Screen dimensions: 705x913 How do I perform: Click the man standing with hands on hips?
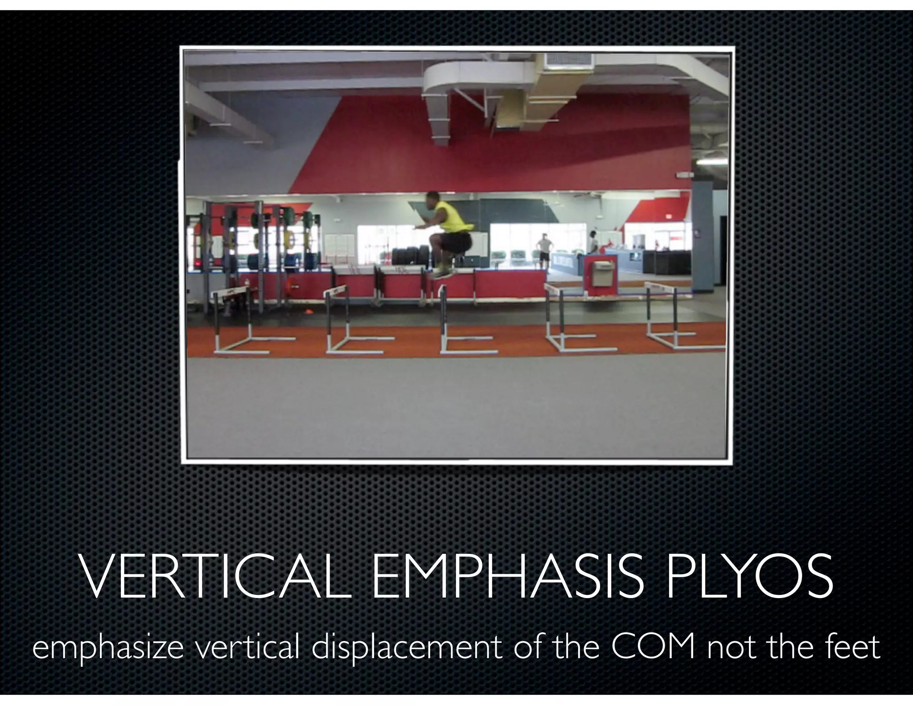(x=543, y=251)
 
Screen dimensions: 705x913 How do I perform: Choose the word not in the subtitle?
(x=731, y=647)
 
